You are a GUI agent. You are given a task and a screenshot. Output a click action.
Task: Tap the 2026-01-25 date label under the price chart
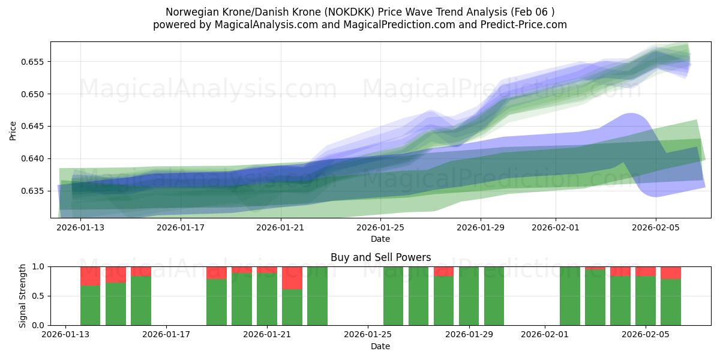pyautogui.click(x=380, y=227)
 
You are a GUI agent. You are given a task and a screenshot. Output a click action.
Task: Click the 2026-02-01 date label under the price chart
pyautogui.click(x=556, y=227)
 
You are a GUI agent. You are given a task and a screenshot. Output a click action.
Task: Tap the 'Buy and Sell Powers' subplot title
pyautogui.click(x=380, y=257)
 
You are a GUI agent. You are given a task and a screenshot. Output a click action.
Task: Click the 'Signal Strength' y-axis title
pyautogui.click(x=23, y=296)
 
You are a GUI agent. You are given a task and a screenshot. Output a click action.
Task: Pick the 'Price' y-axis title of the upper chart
pyautogui.click(x=13, y=130)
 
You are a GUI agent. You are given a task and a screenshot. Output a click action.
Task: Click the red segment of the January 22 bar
pyautogui.click(x=292, y=278)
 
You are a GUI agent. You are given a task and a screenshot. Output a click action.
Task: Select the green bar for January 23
pyautogui.click(x=317, y=296)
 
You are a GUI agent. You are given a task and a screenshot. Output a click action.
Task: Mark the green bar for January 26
pyautogui.click(x=394, y=296)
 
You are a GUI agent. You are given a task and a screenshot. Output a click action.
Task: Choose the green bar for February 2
pyautogui.click(x=570, y=296)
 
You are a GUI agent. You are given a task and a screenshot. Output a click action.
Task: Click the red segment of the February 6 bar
pyautogui.click(x=671, y=272)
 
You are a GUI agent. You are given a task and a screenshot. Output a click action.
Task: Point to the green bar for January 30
pyautogui.click(x=494, y=296)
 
